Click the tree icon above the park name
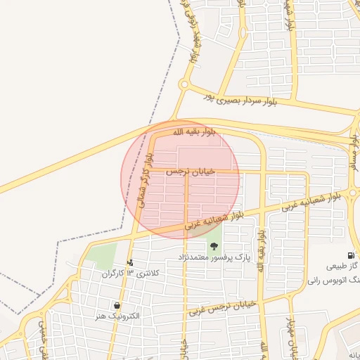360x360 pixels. pos(214,245)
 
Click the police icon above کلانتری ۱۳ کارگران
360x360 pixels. pos(129,263)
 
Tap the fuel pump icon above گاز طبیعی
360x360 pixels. pos(350,256)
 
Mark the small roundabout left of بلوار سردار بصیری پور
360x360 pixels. pos(184,85)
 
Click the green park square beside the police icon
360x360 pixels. pos(102,255)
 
